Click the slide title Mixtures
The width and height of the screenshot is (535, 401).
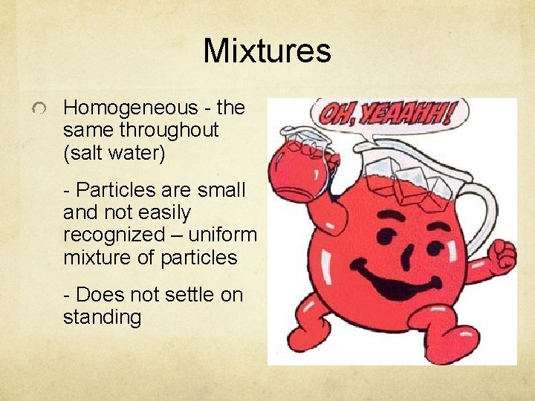click(x=267, y=51)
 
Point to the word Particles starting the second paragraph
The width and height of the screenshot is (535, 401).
click(x=117, y=190)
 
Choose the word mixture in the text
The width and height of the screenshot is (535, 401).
click(x=97, y=258)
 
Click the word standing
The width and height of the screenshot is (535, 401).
click(x=103, y=317)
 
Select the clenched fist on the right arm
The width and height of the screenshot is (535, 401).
click(x=500, y=256)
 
